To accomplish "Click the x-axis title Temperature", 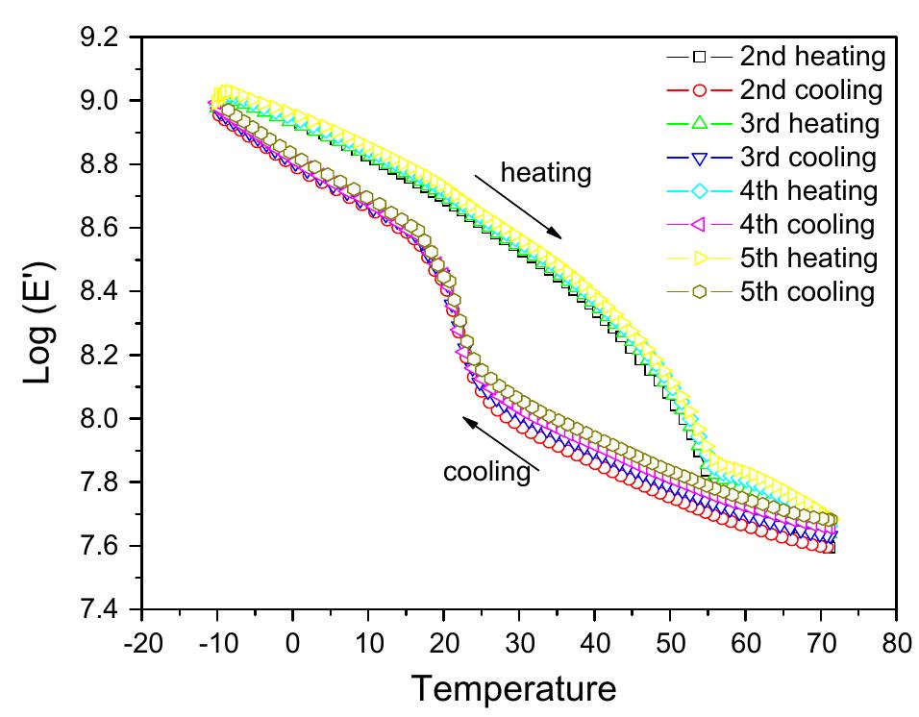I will click(513, 688).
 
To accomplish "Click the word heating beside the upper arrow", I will click(545, 173).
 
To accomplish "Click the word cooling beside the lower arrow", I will click(486, 472).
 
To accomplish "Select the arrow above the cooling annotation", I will click(500, 443).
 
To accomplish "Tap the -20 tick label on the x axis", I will click(141, 642).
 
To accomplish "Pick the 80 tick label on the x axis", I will click(896, 642).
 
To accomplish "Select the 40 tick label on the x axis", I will click(594, 642).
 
